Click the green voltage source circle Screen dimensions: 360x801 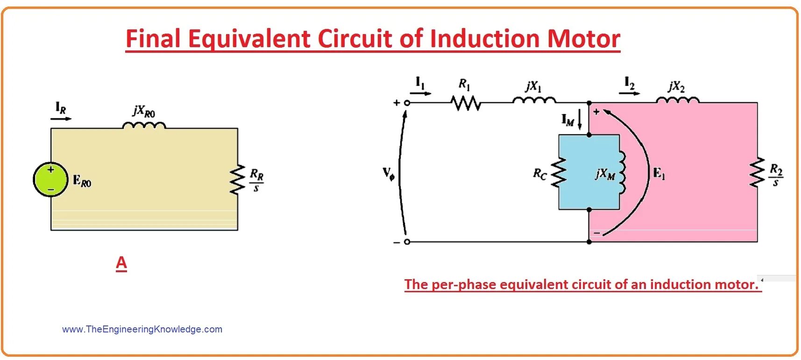(x=50, y=179)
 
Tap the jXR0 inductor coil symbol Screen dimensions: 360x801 (x=144, y=125)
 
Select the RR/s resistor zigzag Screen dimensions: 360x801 (x=237, y=179)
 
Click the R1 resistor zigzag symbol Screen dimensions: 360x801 (x=465, y=103)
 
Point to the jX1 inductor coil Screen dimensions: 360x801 (x=534, y=100)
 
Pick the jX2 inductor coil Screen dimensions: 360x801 (x=677, y=100)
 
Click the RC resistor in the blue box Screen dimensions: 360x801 (x=559, y=172)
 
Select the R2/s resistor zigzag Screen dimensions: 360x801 (x=757, y=172)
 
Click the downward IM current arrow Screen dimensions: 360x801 (x=580, y=120)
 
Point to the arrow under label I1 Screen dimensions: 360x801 (x=420, y=93)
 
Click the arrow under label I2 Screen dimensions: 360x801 (x=629, y=93)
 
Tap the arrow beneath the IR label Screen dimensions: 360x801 (x=61, y=119)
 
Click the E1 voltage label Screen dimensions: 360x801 (x=659, y=174)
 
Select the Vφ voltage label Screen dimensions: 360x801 (x=389, y=174)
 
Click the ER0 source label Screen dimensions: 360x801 (x=82, y=181)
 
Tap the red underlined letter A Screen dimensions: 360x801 (x=121, y=263)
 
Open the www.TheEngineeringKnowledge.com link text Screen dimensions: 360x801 (x=142, y=329)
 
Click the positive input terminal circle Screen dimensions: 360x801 (x=407, y=103)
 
